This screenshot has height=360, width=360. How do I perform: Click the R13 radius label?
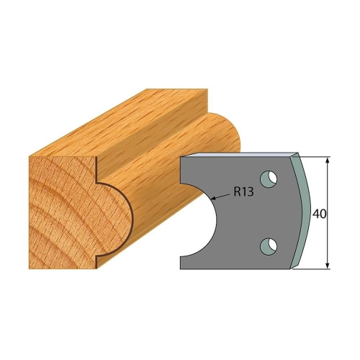[243, 192]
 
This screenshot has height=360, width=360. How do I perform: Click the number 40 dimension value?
[320, 214]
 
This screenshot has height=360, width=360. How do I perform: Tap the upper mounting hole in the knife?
[269, 179]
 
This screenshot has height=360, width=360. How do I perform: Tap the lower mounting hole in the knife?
[269, 246]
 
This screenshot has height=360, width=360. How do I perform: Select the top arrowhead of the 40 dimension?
[327, 161]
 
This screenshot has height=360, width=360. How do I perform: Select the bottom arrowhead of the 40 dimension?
[327, 266]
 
